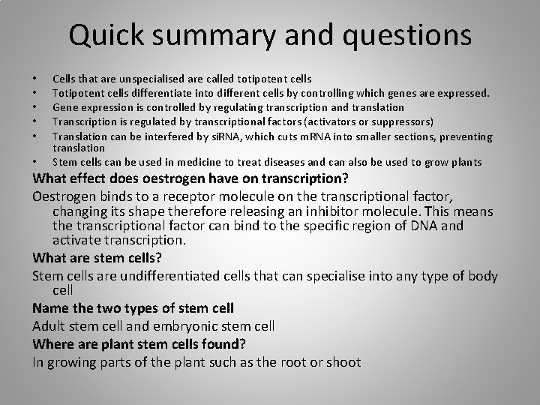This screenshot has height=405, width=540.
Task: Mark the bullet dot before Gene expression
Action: tap(34, 108)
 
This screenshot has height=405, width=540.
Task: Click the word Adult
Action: tap(49, 325)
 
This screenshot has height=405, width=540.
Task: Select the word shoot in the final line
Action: tap(343, 361)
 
